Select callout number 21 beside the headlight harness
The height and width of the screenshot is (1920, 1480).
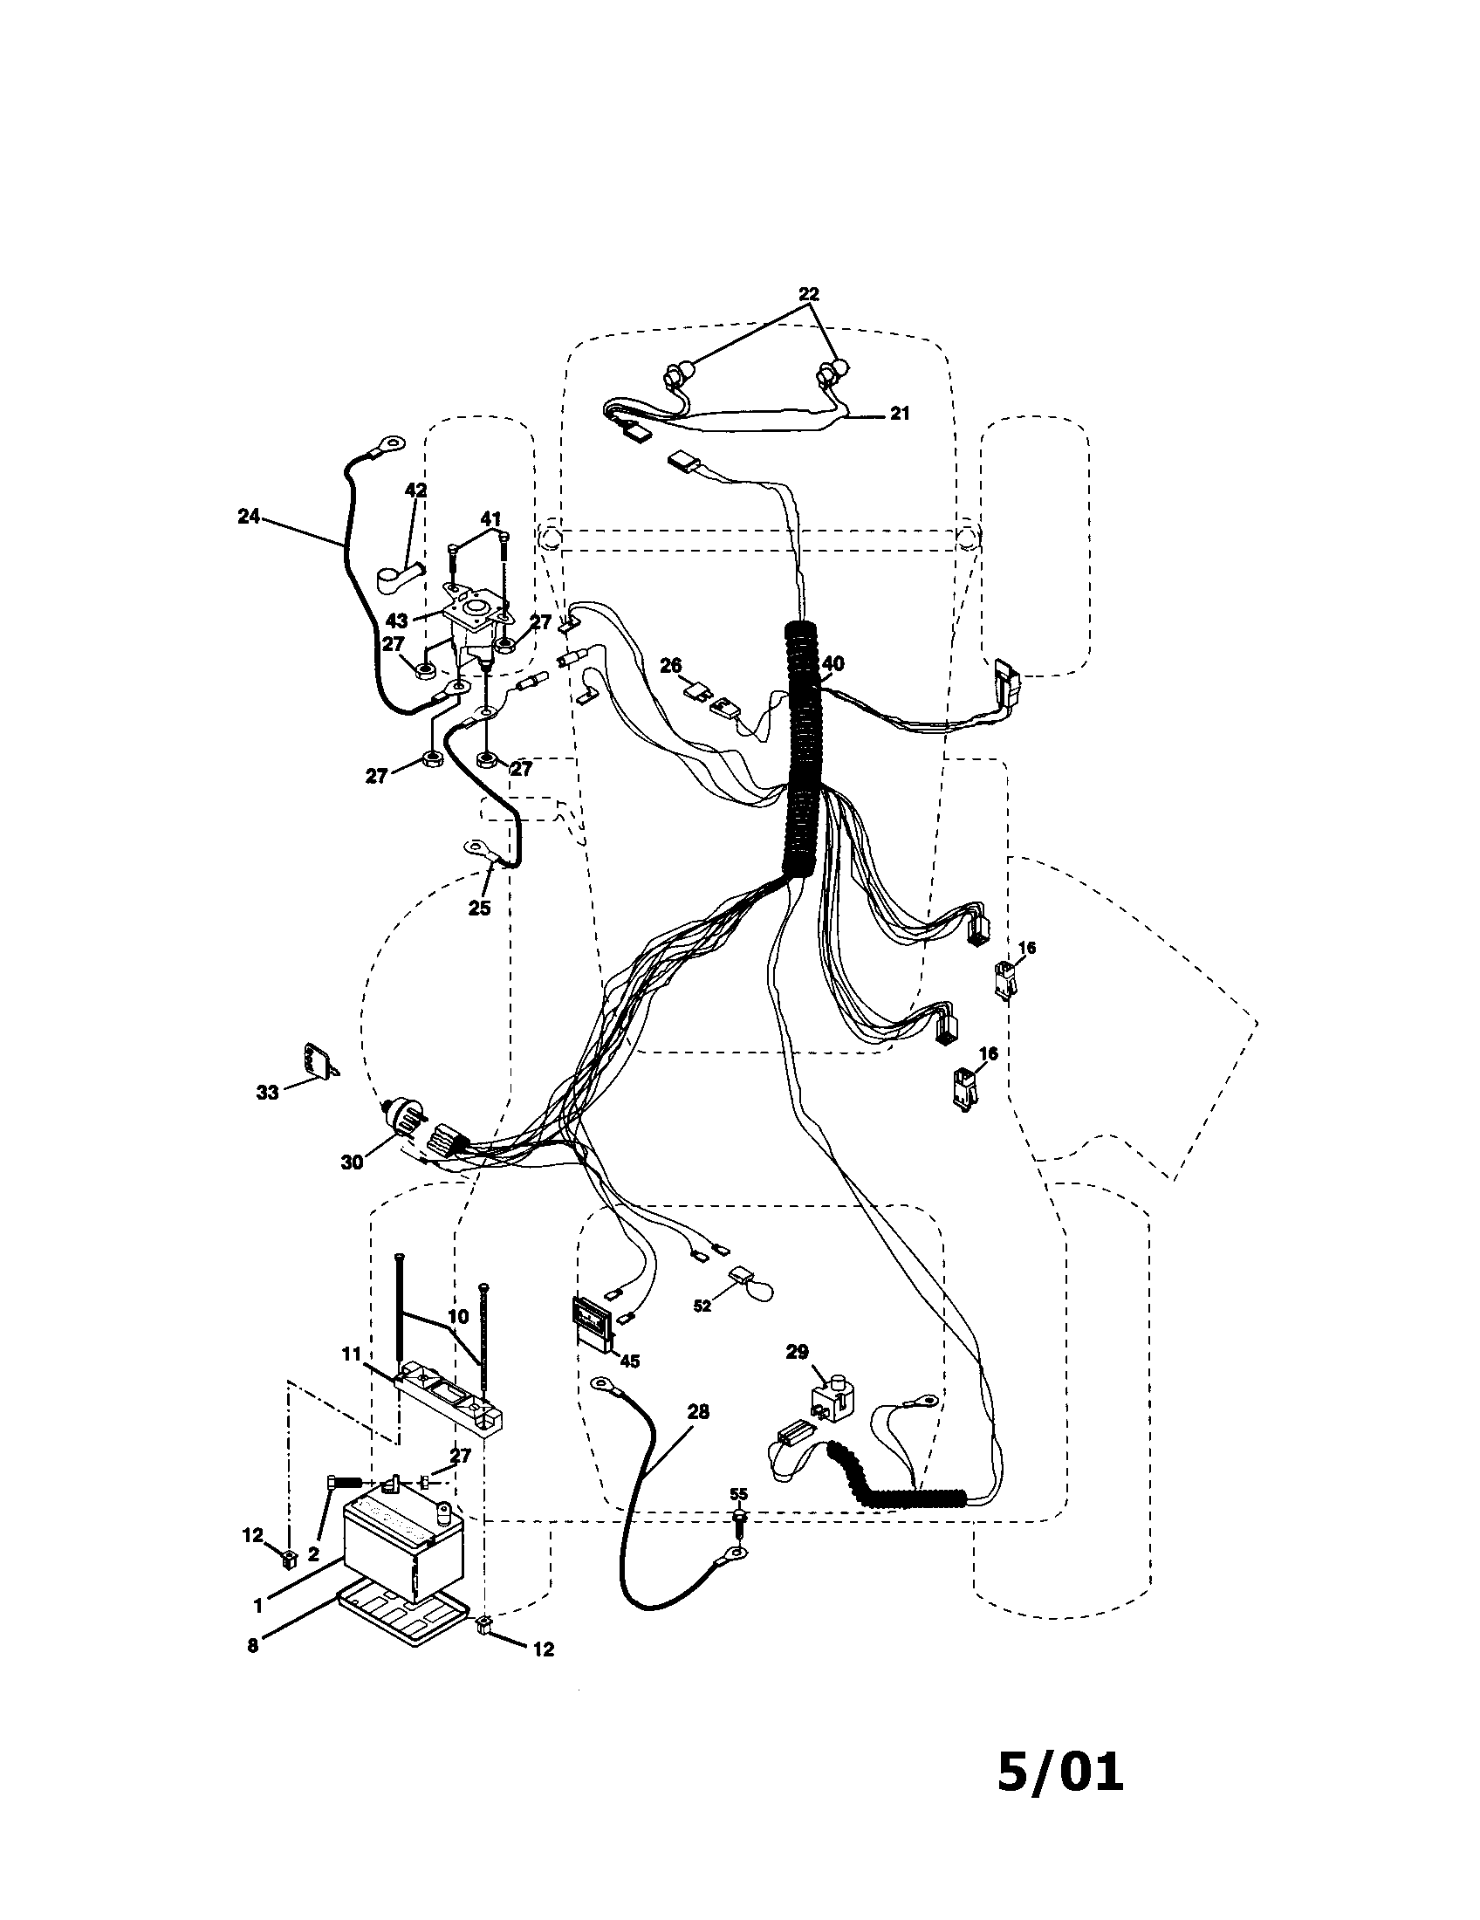[x=899, y=413]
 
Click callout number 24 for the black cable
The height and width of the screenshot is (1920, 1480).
[x=249, y=517]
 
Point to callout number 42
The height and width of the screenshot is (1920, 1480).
[x=415, y=490]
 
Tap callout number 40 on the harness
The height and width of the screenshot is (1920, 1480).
[x=832, y=664]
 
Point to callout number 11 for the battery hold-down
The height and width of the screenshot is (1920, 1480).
[x=352, y=1354]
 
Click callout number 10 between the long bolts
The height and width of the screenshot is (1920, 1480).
[x=457, y=1317]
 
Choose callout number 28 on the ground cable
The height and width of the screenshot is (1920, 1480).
[x=698, y=1412]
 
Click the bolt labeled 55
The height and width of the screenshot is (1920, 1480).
[x=739, y=1520]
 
